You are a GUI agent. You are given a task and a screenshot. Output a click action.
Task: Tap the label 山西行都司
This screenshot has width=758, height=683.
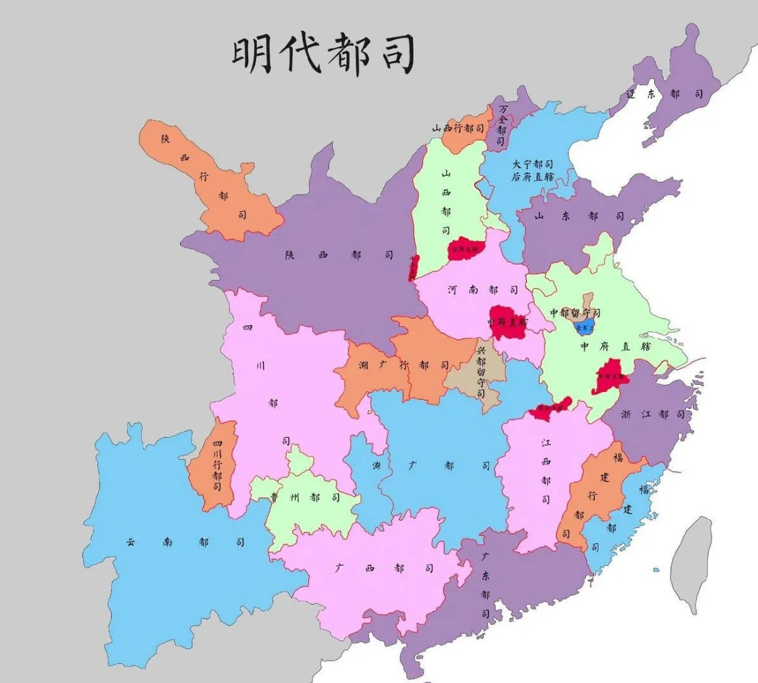click(458, 128)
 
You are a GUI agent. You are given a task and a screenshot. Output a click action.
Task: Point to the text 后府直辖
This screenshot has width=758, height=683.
click(532, 177)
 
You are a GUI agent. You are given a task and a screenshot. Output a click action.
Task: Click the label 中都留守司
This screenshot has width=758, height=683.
click(574, 313)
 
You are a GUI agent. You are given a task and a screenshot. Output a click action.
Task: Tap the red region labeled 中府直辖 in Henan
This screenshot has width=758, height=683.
click(508, 322)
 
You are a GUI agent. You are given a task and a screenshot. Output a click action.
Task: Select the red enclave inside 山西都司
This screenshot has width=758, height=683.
click(466, 249)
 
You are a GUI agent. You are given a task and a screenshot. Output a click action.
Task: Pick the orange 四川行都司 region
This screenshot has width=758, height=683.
click(215, 468)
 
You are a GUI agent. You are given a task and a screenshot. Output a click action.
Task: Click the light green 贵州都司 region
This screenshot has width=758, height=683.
click(304, 497)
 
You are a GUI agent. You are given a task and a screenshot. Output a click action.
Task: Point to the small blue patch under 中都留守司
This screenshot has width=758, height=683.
click(582, 328)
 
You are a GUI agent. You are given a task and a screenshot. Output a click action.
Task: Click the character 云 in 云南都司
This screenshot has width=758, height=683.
click(130, 542)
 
